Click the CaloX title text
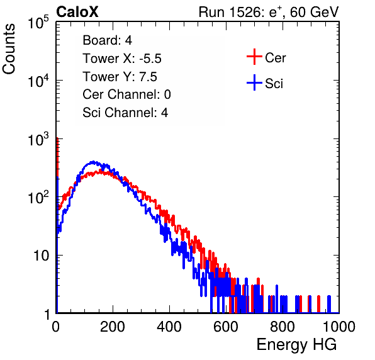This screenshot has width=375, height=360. point(77,12)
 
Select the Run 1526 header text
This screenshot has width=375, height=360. point(269,12)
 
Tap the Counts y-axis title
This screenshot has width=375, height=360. point(9,49)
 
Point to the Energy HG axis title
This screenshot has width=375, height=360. point(296,345)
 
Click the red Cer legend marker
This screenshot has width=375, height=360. point(254,57)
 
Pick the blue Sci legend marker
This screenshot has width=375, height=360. point(254,83)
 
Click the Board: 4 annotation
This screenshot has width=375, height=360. point(108,40)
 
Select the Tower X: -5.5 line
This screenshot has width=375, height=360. point(122,59)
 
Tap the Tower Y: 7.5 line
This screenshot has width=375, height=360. point(120,77)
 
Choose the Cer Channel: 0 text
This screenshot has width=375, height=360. point(126,94)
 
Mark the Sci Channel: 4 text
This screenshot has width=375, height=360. point(125,113)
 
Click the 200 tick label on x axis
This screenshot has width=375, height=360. point(113,327)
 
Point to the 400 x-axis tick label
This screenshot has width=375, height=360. point(169,327)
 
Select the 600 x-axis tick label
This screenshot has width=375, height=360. point(226,327)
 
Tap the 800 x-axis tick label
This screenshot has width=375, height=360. point(283,327)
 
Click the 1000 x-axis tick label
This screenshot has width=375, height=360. point(339,327)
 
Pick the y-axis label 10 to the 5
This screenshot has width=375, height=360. point(38,22)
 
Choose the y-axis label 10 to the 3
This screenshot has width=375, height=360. point(38,139)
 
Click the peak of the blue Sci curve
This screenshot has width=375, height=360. point(93,162)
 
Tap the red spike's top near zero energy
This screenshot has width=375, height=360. point(57,138)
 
